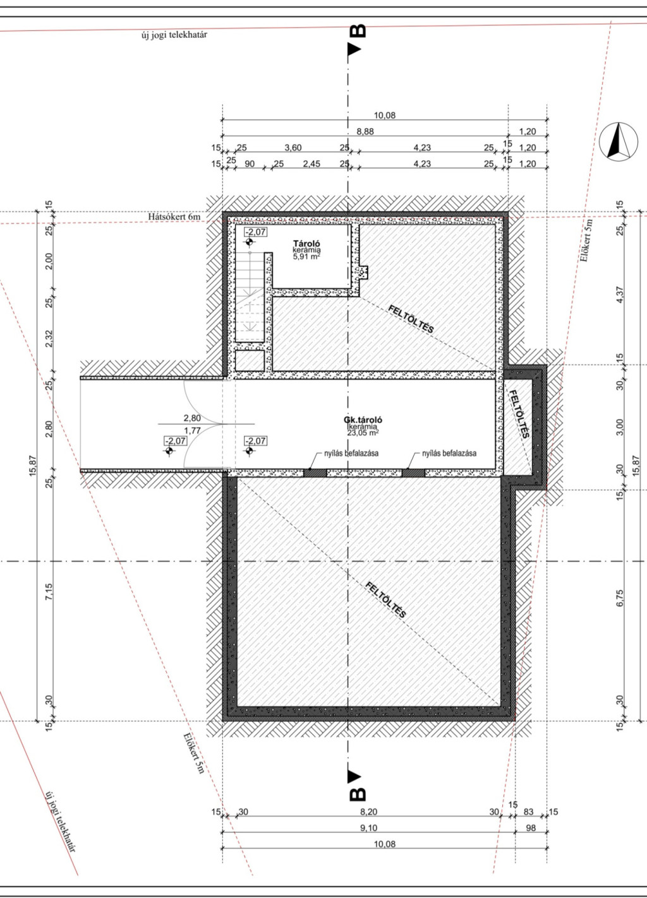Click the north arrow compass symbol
click(618, 141)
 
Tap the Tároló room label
click(306, 244)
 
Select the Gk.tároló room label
click(363, 420)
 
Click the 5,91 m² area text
click(306, 257)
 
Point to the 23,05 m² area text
click(363, 432)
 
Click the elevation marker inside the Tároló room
click(250, 242)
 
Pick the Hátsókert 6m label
click(174, 216)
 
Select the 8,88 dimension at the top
click(365, 131)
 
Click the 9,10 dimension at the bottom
click(368, 828)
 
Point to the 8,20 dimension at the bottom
click(368, 812)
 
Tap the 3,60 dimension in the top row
click(293, 148)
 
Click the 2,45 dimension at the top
click(311, 163)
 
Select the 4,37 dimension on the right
click(620, 295)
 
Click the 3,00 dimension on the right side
click(620, 427)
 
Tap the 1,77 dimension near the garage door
click(192, 431)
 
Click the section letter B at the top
click(358, 31)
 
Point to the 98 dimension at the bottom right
click(531, 828)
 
